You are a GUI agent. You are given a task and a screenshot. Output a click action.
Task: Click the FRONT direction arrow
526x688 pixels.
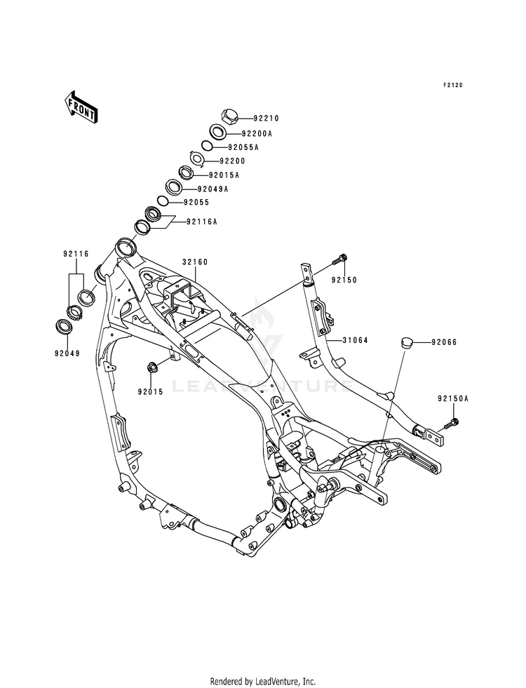click(81, 107)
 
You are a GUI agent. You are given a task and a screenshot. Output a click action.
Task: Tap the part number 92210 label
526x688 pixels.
click(267, 118)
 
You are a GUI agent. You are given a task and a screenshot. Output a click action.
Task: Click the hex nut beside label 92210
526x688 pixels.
click(228, 116)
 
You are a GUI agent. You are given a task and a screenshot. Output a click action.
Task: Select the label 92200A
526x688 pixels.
click(257, 133)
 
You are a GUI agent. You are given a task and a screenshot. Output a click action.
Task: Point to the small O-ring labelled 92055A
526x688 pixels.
click(207, 146)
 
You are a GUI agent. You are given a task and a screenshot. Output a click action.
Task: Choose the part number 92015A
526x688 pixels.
click(224, 175)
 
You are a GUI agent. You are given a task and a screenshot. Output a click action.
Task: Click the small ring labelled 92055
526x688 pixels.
click(162, 201)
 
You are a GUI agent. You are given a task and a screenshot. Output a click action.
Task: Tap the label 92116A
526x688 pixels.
click(202, 222)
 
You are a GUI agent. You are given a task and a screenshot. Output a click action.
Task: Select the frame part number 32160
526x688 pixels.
click(195, 262)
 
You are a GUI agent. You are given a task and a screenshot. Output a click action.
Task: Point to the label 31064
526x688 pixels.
click(356, 340)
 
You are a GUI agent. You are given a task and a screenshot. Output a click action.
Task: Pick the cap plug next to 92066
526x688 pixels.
click(406, 342)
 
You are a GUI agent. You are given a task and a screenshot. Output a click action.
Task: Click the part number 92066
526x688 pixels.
click(444, 342)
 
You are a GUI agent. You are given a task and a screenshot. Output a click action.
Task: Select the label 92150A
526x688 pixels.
click(453, 399)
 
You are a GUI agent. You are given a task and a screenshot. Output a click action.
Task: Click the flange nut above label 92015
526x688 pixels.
click(154, 365)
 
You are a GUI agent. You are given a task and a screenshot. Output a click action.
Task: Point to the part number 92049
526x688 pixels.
click(67, 353)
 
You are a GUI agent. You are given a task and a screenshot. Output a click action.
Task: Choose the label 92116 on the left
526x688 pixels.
click(76, 254)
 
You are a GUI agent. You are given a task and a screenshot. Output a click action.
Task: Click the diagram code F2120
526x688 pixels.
click(452, 85)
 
